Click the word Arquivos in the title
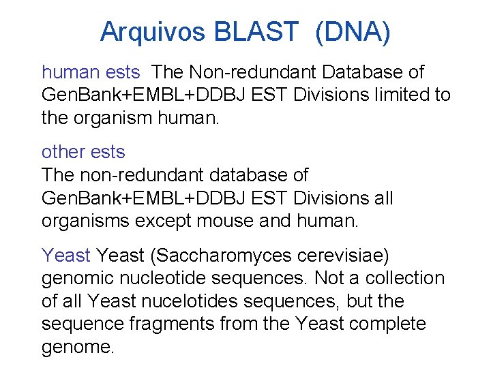pyautogui.click(x=153, y=31)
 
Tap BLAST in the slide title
pyautogui.click(x=256, y=31)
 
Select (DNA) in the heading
pyautogui.click(x=353, y=32)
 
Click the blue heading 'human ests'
pyautogui.click(x=91, y=72)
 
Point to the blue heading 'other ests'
pyautogui.click(x=83, y=151)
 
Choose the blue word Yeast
pyautogui.click(x=66, y=256)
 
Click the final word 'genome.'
pyautogui.click(x=78, y=348)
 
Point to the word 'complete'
pyautogui.click(x=388, y=324)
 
